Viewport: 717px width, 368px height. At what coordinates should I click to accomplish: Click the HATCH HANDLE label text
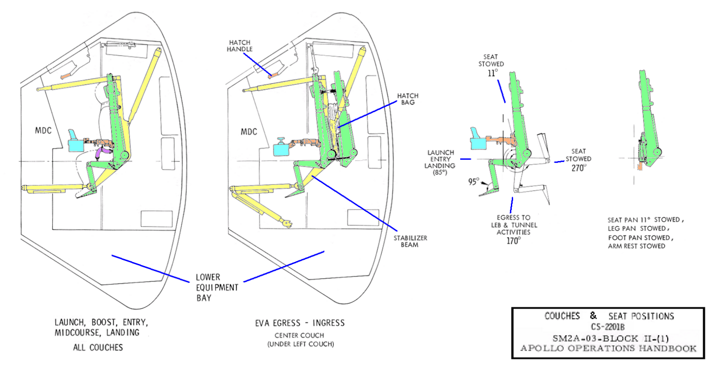tap(239, 46)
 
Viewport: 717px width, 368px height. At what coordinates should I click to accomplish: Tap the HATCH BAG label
tap(407, 99)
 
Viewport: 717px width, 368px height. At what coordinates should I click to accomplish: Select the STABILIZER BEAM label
tap(410, 241)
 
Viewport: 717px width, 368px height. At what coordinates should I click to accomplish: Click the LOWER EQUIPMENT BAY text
tap(216, 287)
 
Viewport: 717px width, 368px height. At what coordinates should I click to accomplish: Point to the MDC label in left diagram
tap(43, 131)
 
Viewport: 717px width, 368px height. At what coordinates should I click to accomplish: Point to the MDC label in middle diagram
tap(249, 132)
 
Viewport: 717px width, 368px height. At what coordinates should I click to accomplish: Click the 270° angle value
tap(578, 168)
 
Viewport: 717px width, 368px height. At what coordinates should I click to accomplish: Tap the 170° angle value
tap(513, 241)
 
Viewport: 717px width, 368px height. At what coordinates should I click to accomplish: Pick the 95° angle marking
tap(473, 181)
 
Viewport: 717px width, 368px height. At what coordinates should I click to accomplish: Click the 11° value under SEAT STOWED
tap(492, 73)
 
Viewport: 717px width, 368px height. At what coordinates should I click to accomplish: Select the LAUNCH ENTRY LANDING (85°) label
tap(440, 162)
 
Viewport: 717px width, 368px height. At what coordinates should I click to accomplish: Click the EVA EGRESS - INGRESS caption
tap(300, 323)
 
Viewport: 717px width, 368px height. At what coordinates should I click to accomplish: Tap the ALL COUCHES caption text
tap(98, 347)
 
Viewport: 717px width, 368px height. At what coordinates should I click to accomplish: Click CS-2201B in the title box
tap(607, 327)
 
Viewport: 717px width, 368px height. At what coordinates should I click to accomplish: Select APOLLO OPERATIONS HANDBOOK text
tap(608, 348)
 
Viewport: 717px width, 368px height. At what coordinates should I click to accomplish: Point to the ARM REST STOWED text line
tap(636, 246)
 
